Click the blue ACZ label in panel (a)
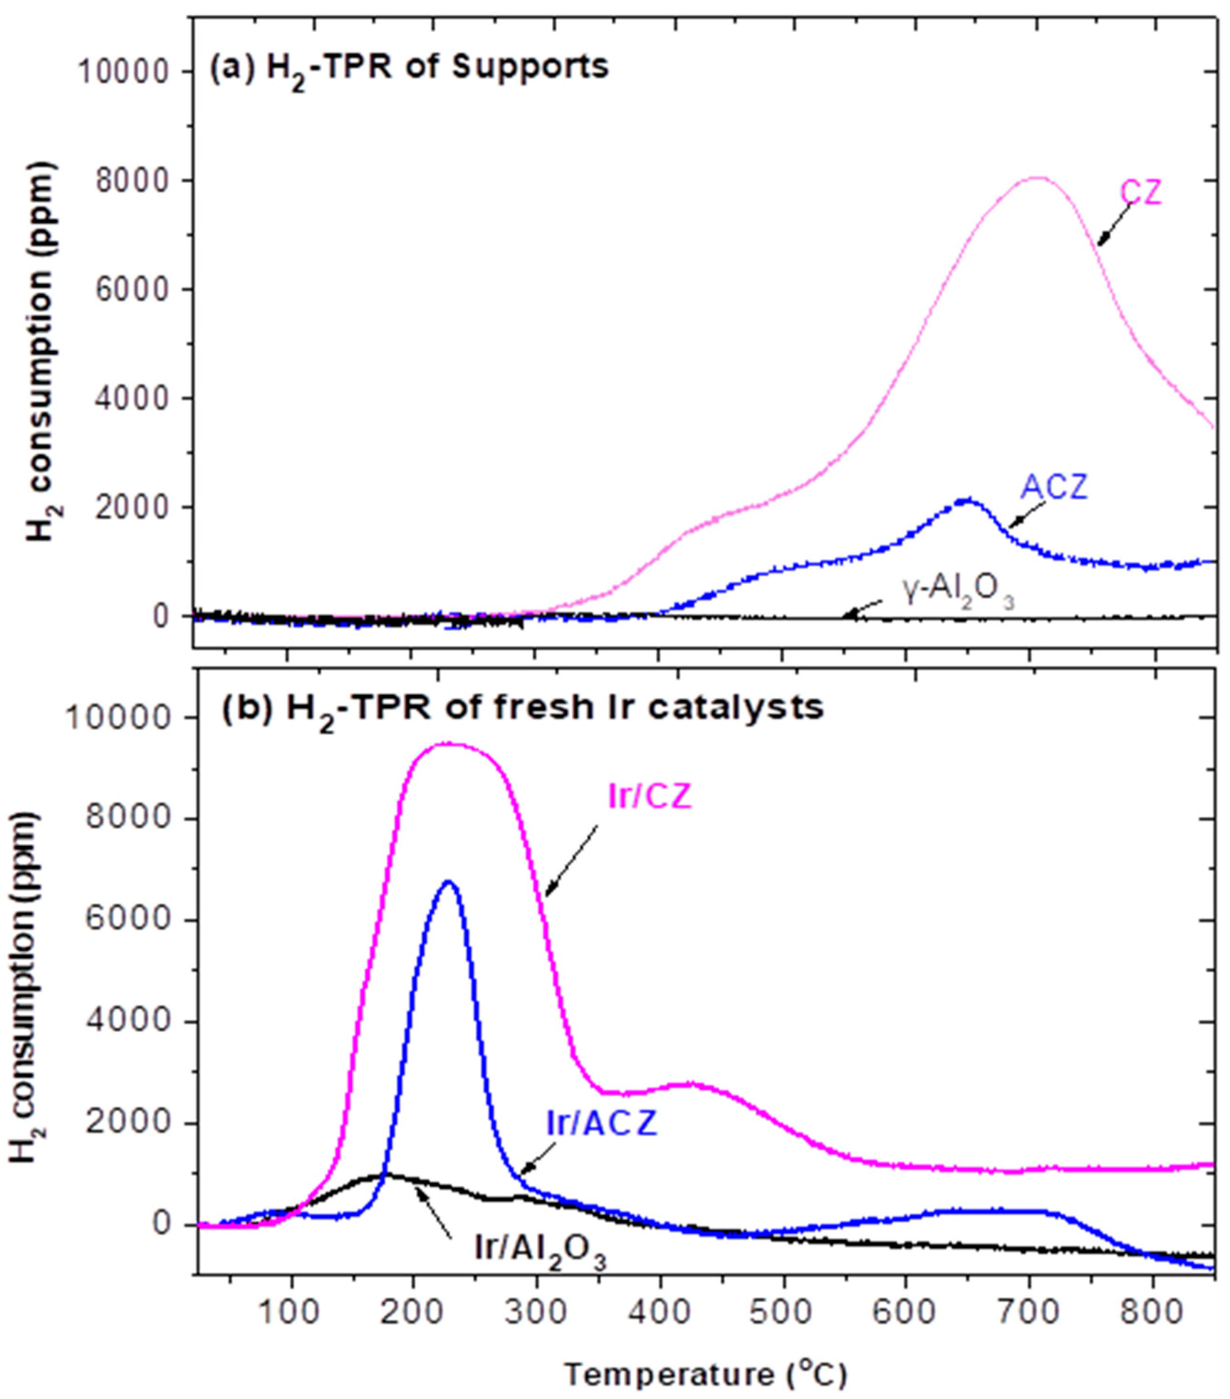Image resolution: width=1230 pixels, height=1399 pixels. coord(1053,487)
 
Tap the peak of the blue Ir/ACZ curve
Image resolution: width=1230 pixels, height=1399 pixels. coord(448,882)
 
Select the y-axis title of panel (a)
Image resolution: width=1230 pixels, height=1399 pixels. coord(41,352)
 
